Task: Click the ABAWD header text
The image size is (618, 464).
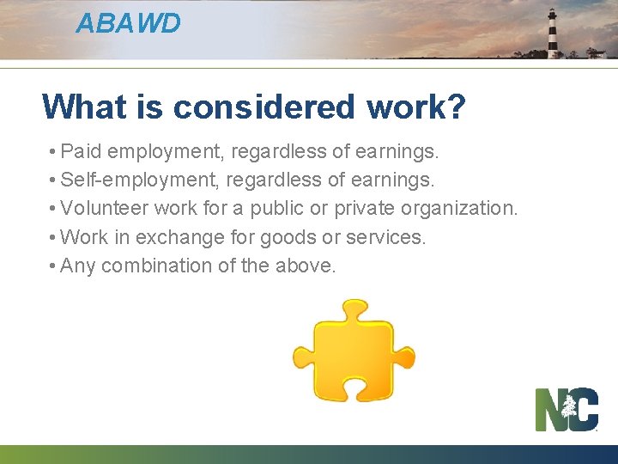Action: coord(128,23)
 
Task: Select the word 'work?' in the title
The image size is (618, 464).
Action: coord(416,107)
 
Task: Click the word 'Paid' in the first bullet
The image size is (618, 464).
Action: coord(81,152)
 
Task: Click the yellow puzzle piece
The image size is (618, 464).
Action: coord(353,351)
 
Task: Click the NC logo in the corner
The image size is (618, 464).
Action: coord(566,409)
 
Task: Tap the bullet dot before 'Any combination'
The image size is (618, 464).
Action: coord(53,266)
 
